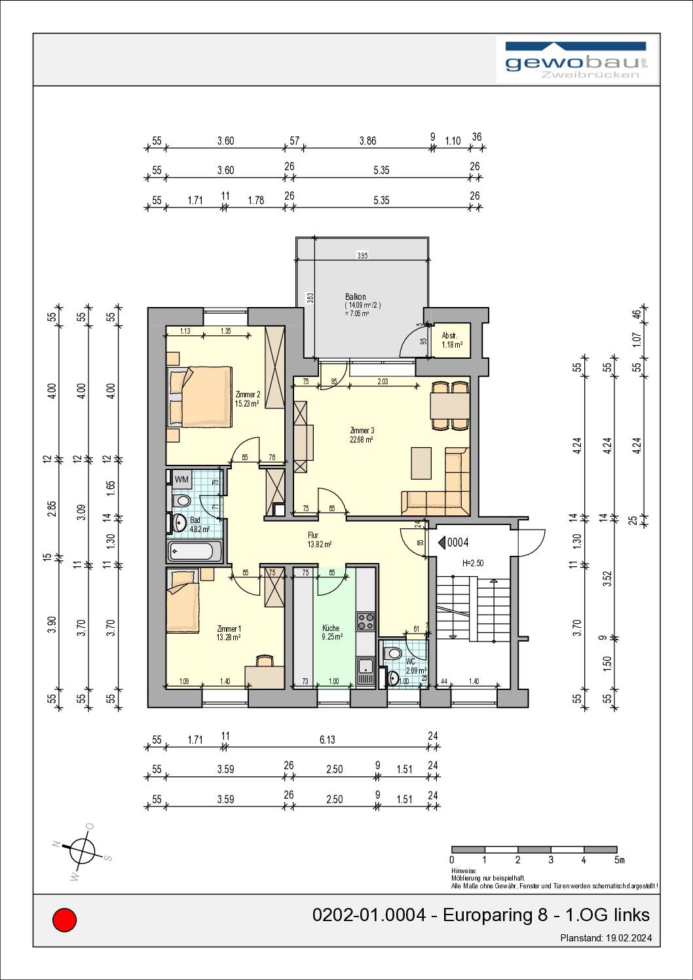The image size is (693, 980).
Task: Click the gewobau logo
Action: tap(576, 60)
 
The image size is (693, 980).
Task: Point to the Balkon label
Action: tap(355, 297)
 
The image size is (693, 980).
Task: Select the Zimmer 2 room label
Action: tap(248, 394)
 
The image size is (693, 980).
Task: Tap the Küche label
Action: tap(331, 628)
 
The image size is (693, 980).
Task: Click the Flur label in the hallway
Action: tap(313, 535)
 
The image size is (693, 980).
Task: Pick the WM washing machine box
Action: tap(181, 479)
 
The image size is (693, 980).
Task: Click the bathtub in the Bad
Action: tap(195, 551)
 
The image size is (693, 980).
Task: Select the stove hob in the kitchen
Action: tap(365, 621)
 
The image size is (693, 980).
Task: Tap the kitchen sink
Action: tap(365, 671)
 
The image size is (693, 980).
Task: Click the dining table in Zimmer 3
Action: tap(450, 406)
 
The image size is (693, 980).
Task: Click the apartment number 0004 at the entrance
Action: tap(458, 543)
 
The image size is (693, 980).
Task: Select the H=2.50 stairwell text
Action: tap(473, 563)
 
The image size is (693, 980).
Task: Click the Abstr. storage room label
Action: tap(449, 336)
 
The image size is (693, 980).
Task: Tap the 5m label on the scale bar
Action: tap(619, 860)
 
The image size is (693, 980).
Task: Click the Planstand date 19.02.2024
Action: tap(629, 938)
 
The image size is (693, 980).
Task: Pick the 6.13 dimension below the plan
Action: tap(327, 739)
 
